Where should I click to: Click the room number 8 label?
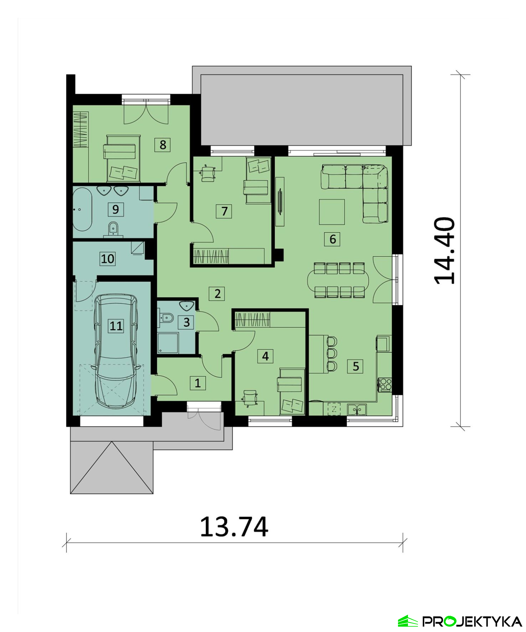163,145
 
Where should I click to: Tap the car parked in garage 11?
116,351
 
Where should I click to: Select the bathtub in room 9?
83,209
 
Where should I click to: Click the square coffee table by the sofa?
332,212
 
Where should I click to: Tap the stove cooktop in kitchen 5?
385,384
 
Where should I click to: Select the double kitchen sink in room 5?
357,409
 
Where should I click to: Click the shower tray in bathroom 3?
168,343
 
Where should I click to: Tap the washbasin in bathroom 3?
187,306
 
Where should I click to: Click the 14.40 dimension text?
444,251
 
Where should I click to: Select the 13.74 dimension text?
234,527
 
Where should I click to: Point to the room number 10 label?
108,258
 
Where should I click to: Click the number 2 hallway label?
217,293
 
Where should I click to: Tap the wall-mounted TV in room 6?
280,202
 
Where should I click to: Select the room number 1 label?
198,383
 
